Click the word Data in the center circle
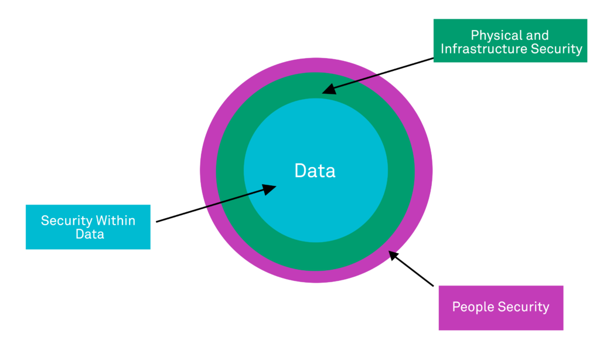click(x=315, y=171)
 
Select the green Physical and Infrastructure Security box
click(x=510, y=40)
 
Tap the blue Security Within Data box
click(x=88, y=227)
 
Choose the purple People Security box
click(x=500, y=307)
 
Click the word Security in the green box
click(x=556, y=49)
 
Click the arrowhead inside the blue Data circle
click(x=270, y=189)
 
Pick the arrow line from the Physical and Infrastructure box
click(x=387, y=73)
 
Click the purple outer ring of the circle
click(x=208, y=171)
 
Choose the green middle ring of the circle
click(x=230, y=171)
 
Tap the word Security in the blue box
click(x=66, y=221)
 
